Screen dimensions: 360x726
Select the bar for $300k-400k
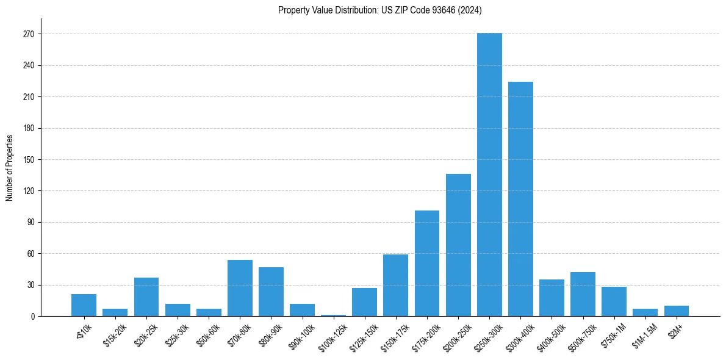coord(520,199)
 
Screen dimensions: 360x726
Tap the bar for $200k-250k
coord(458,245)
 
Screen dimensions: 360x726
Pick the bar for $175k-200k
coord(427,263)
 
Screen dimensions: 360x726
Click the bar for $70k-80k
coord(240,288)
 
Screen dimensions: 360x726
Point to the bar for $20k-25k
coord(146,297)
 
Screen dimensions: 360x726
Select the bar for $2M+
coord(676,311)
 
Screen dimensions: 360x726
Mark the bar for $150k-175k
coord(395,285)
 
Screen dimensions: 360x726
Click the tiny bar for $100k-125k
coord(333,315)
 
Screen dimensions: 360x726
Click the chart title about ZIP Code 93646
coord(380,10)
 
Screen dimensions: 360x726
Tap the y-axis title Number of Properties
coord(9,168)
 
